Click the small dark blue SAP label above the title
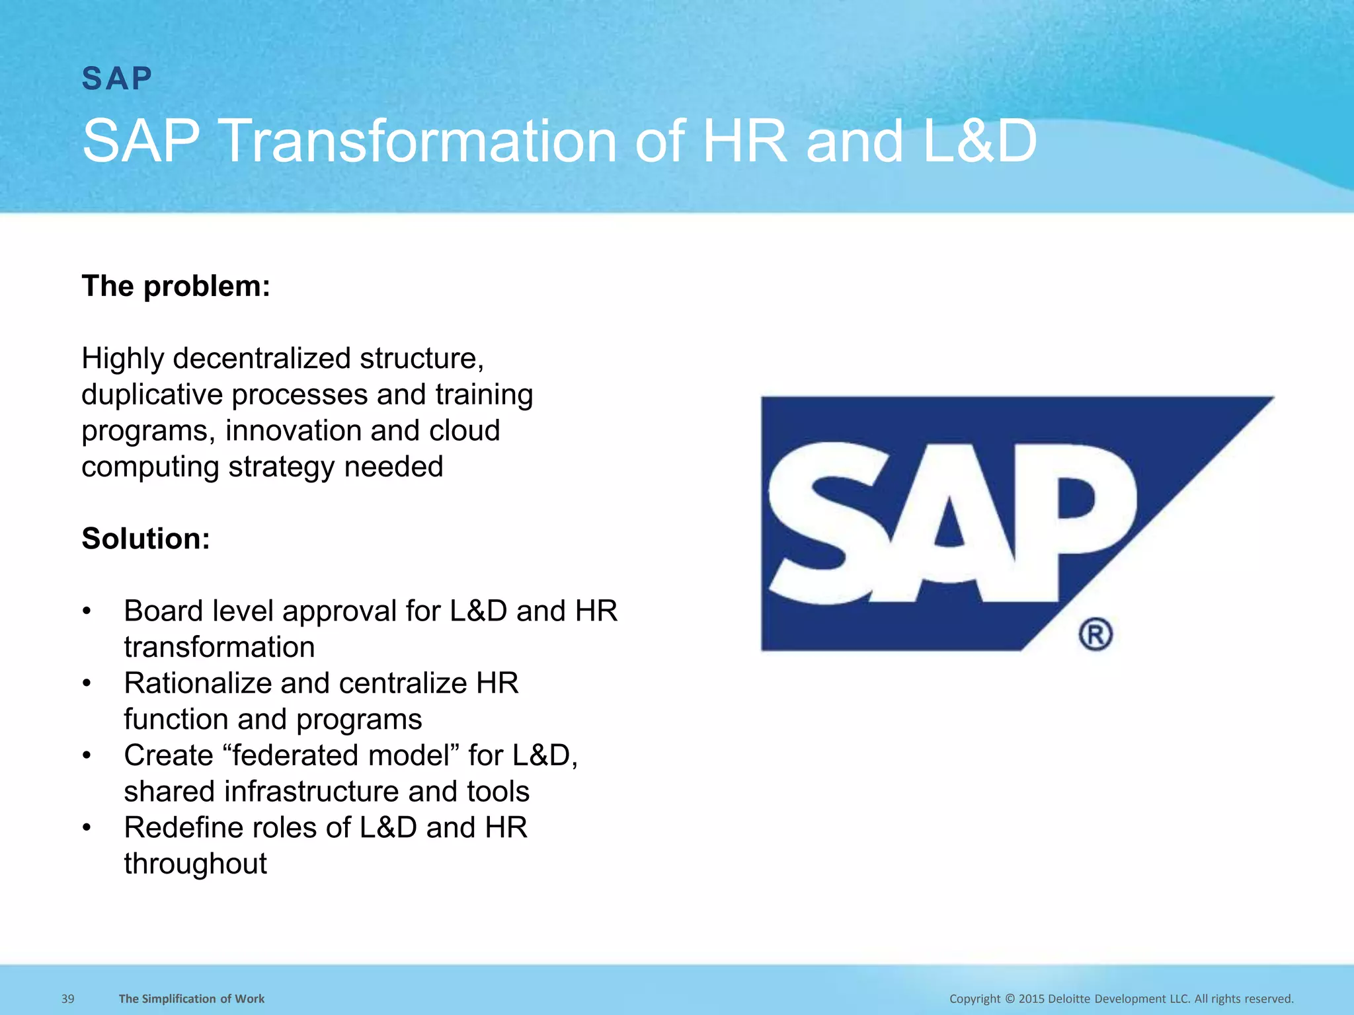point(117,79)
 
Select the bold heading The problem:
point(176,286)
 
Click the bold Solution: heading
point(145,539)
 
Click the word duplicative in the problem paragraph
point(151,395)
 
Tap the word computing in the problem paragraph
point(150,467)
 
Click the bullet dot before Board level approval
point(87,611)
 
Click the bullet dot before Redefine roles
point(87,828)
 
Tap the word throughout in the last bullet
point(195,864)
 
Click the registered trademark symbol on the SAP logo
point(1095,634)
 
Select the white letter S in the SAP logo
point(820,522)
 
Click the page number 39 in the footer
point(68,998)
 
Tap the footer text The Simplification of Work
point(192,998)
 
